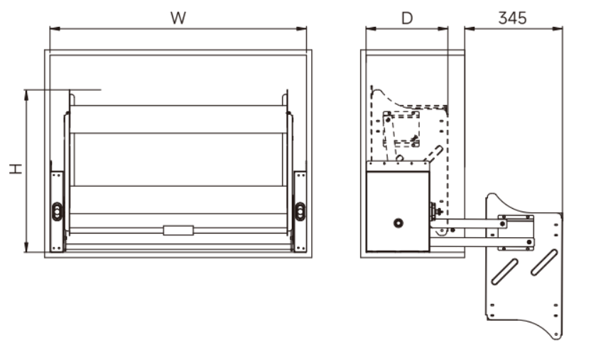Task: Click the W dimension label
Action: click(178, 18)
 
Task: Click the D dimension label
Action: click(407, 18)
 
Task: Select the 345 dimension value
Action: click(512, 18)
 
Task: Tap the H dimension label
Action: click(16, 169)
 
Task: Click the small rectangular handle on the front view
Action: click(178, 231)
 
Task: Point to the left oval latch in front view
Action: click(57, 212)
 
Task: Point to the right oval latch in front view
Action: click(300, 212)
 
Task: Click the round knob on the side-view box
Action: click(398, 223)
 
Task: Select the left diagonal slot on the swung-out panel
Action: click(504, 271)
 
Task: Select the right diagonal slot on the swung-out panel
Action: click(544, 262)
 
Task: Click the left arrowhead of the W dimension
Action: click(55, 28)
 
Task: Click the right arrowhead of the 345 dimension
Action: click(558, 28)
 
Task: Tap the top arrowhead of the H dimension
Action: click(26, 95)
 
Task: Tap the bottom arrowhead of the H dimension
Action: click(26, 246)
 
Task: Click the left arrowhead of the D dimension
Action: click(371, 28)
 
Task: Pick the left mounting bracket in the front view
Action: click(58, 212)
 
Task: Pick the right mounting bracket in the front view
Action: click(300, 212)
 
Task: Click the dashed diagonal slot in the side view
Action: click(433, 154)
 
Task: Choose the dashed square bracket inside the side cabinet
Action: click(401, 129)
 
